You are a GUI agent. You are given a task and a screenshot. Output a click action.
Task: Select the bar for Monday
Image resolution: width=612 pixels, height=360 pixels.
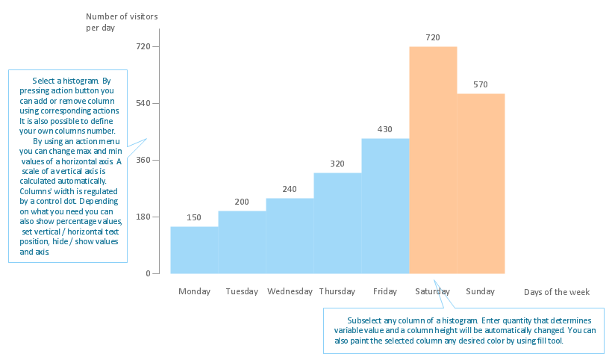coord(194,249)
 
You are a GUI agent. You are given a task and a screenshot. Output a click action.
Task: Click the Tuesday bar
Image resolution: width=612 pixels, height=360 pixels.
coord(242,242)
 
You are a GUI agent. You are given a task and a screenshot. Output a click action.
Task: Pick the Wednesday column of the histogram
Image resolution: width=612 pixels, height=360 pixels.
coord(290,235)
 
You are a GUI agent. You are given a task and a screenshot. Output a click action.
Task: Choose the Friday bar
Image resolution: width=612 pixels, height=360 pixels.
coord(385,205)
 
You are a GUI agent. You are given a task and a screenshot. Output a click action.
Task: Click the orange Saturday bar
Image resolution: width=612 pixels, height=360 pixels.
coord(433,160)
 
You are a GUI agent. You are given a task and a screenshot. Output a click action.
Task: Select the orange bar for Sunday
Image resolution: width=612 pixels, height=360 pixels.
coord(481,183)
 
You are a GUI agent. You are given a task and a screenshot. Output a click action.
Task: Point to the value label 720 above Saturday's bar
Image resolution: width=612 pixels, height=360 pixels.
coord(433,37)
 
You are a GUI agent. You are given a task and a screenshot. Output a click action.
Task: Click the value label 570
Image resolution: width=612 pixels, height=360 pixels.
coord(481,84)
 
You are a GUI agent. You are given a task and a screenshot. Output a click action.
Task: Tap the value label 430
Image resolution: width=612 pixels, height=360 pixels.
coord(385,129)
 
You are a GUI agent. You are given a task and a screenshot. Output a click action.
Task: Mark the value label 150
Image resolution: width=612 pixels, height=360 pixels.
coord(194,217)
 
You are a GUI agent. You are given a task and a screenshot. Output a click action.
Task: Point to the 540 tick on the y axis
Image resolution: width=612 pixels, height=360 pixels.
coord(143,103)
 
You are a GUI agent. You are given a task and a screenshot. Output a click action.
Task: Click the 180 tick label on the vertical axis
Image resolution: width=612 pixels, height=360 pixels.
coord(143,217)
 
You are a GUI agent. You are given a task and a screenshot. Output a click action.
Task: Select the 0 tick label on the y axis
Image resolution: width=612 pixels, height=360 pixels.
coord(148,273)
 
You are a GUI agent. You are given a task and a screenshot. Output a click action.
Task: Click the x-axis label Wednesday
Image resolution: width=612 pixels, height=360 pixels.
coord(290,291)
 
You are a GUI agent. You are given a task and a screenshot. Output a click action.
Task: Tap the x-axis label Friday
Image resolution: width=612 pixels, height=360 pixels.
coord(385,291)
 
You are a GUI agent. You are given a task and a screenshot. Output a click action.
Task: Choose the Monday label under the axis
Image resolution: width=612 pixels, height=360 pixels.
coord(194,291)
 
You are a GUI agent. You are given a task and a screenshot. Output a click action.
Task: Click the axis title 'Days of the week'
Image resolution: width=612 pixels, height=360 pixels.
coord(557,292)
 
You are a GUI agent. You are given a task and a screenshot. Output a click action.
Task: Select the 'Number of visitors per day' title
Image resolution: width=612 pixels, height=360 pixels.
coord(122,22)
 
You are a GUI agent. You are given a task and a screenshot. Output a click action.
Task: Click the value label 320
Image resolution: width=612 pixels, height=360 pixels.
coord(337,164)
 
